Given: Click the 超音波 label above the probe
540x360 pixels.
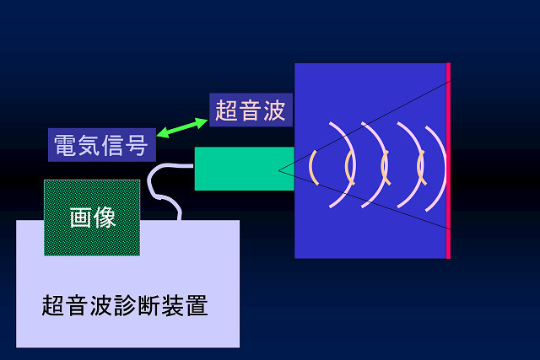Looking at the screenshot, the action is [251, 110].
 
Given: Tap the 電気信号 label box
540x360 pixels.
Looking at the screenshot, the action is [102, 145].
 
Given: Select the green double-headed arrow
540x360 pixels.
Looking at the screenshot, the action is [182, 127].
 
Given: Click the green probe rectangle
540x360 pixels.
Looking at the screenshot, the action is [245, 169].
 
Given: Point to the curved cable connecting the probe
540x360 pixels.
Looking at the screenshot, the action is [154, 193].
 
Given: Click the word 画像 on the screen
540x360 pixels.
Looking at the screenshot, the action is [92, 218].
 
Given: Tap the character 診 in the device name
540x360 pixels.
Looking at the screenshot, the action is [125, 305].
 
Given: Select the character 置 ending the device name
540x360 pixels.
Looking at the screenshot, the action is [197, 305].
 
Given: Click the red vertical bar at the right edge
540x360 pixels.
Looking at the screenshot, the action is [448, 161].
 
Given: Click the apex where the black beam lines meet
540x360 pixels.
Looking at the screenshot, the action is [278, 170].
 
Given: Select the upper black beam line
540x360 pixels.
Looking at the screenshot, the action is [365, 125].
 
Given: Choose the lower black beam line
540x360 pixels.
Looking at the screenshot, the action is [364, 200].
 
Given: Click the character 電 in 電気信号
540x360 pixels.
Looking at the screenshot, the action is [65, 145].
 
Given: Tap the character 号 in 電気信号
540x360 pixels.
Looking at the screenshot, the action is [137, 145].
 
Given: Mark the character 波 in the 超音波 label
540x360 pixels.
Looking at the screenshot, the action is [275, 110].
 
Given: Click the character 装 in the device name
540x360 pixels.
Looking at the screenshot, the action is [172, 305].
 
